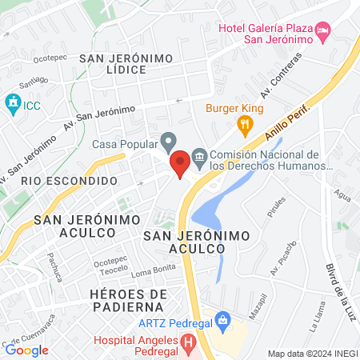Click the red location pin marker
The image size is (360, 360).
(x=181, y=163)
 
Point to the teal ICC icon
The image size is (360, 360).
(x=12, y=103)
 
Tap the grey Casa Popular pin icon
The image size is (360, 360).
(x=168, y=143)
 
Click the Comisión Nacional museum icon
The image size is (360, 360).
(x=198, y=155)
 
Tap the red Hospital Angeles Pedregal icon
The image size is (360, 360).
(x=188, y=345)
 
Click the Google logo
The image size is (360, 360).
(x=26, y=350)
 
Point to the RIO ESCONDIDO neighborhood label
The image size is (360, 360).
(x=70, y=181)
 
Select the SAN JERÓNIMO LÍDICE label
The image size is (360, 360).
(x=114, y=63)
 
